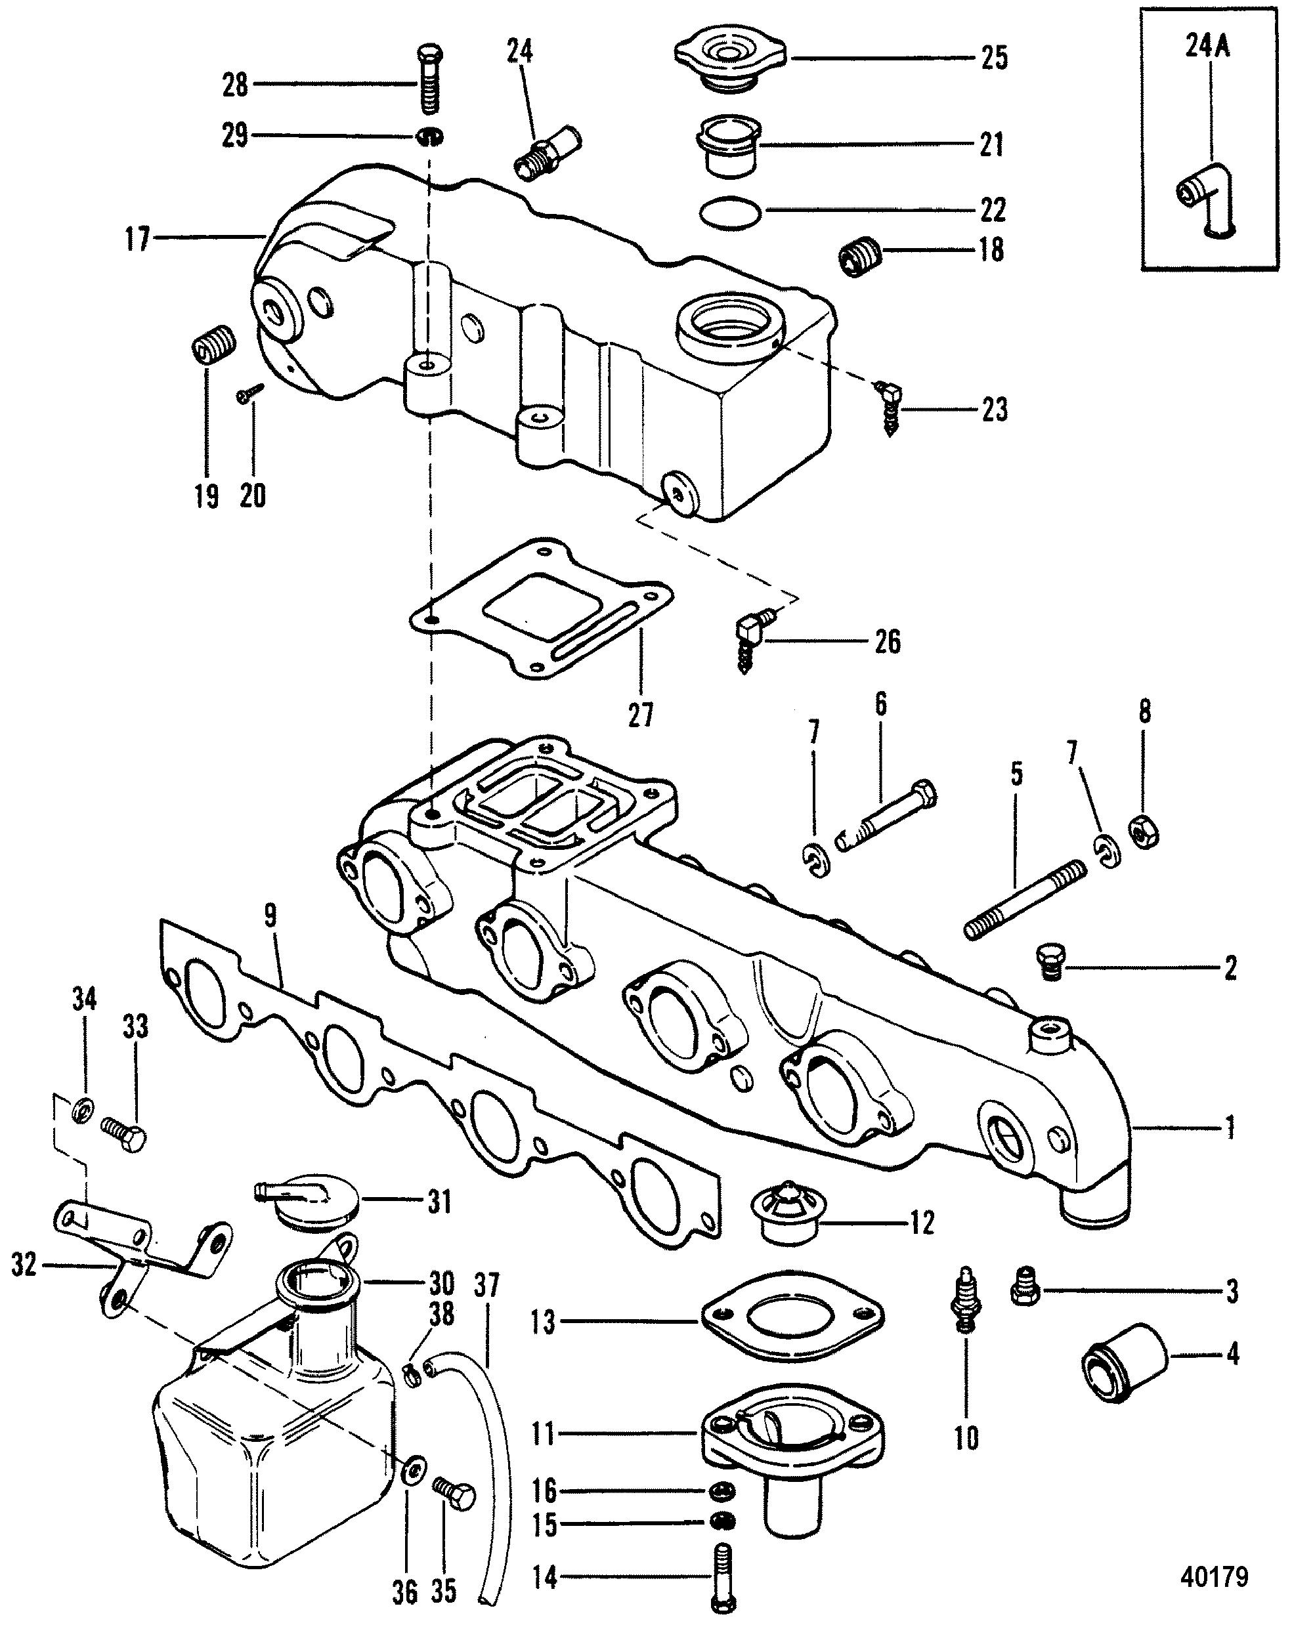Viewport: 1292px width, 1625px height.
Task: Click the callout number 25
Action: coord(994,58)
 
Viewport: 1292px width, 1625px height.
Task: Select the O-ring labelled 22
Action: coord(729,215)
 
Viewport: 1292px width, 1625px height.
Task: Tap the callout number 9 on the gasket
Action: coord(270,916)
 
